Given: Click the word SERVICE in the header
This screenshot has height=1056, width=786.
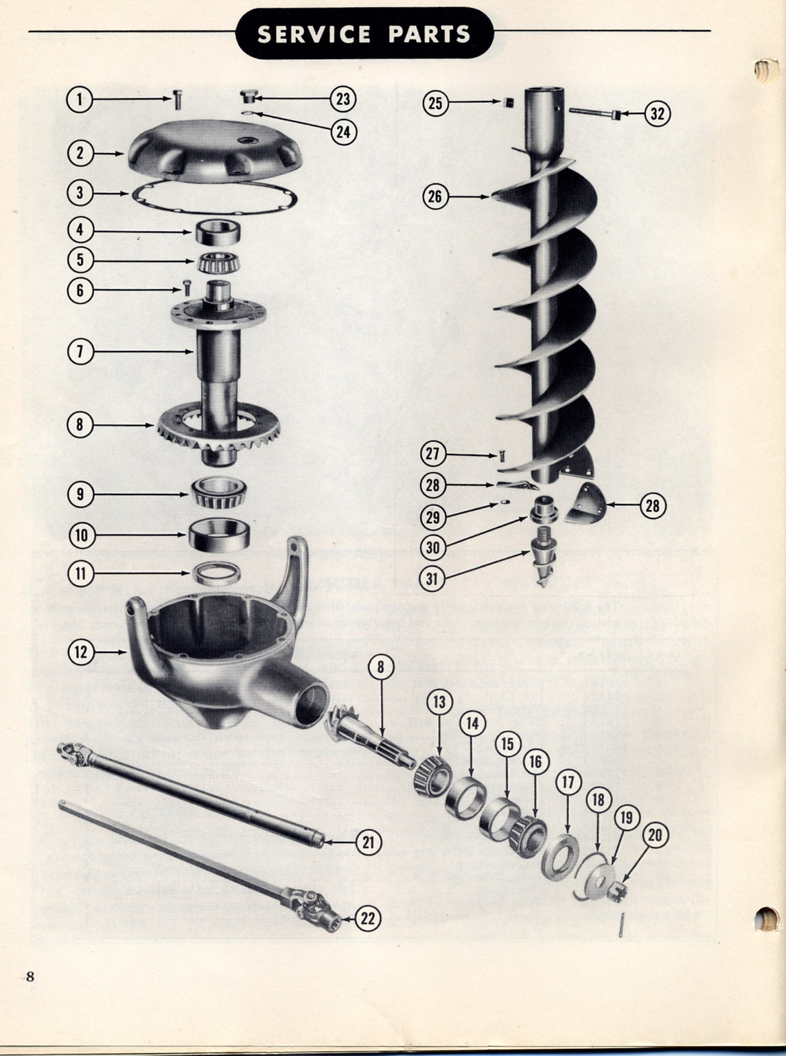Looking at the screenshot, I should click(314, 34).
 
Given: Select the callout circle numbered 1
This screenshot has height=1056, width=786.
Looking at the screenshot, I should click(80, 100).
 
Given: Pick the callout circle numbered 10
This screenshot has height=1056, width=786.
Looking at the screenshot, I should click(81, 535).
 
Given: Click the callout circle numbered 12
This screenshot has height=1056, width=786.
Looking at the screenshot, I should click(81, 651).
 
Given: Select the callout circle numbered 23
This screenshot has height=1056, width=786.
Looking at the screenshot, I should click(343, 99).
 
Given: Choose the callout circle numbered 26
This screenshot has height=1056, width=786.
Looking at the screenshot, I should click(435, 197).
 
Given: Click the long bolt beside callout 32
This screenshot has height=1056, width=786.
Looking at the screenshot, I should click(594, 111).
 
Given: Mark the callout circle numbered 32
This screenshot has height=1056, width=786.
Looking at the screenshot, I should click(657, 113).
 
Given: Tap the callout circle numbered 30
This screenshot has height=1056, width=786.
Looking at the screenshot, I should click(433, 547).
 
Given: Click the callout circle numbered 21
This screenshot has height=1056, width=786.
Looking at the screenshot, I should click(368, 841).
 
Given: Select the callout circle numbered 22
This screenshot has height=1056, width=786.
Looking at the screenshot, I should click(368, 918).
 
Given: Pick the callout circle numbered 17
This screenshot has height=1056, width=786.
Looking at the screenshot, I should click(568, 782).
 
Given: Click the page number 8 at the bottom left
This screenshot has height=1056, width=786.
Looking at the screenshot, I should click(30, 976).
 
